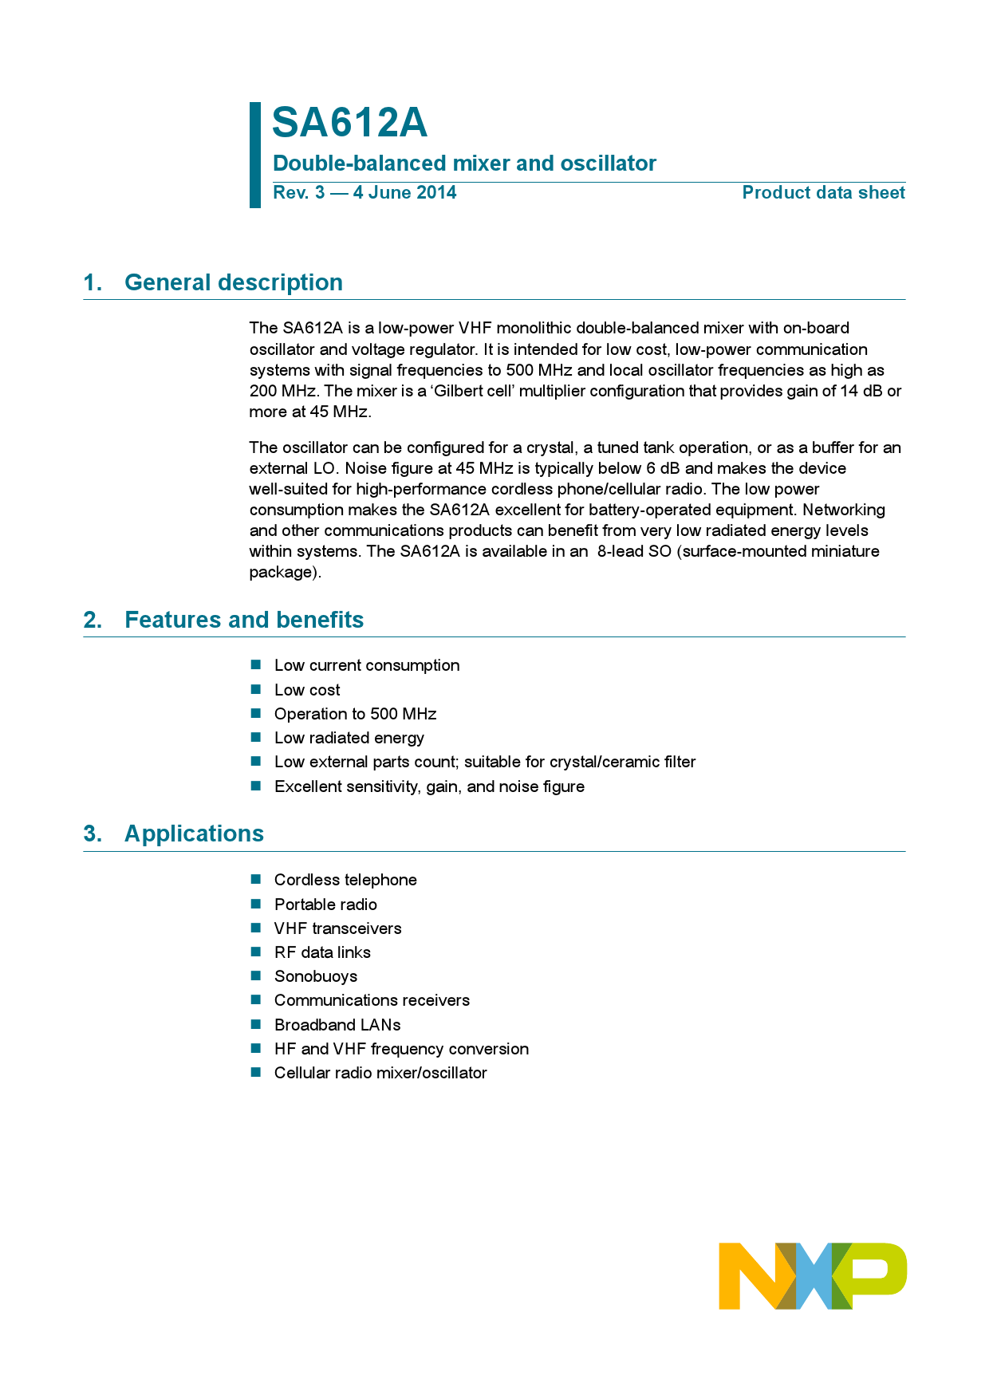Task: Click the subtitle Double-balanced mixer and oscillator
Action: click(464, 164)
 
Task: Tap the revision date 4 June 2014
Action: click(404, 193)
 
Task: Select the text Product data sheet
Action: click(823, 193)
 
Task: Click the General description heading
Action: click(233, 282)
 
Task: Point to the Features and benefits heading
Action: click(243, 620)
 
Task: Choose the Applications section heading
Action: click(194, 833)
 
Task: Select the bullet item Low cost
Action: click(307, 690)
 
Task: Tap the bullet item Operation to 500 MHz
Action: click(355, 714)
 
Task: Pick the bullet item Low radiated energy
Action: click(349, 738)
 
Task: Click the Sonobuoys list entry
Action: click(315, 976)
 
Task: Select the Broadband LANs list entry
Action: click(337, 1025)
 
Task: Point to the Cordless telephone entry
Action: click(345, 880)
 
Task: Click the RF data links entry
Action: click(322, 952)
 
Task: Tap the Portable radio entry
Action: click(325, 904)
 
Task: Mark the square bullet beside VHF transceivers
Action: click(256, 928)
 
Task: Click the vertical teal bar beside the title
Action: click(255, 155)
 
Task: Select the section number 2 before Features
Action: click(92, 620)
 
